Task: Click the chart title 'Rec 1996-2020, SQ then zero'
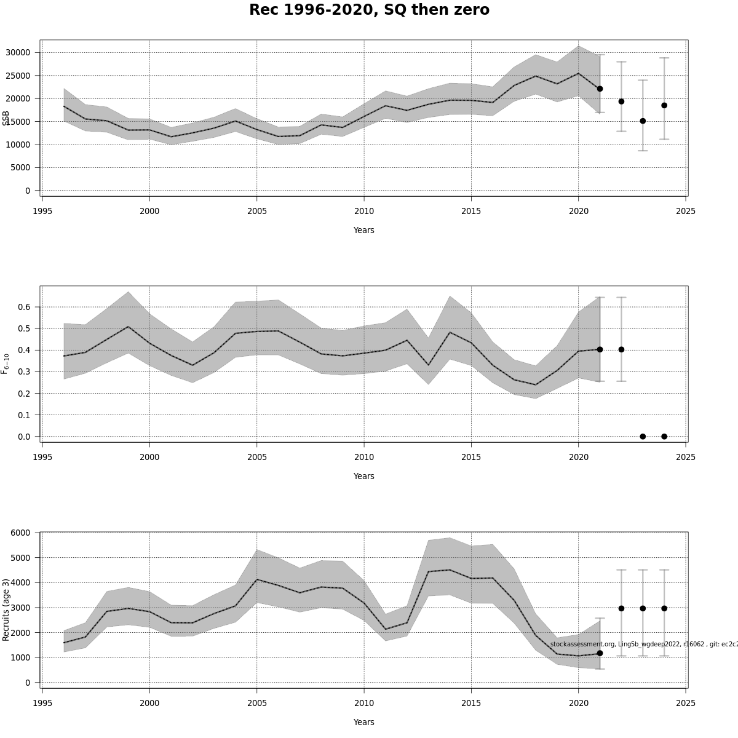pos(369,10)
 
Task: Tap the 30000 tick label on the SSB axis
pos(18,53)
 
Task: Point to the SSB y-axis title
pos(6,118)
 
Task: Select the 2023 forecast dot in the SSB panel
pos(643,121)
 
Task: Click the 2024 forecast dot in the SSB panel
pos(664,105)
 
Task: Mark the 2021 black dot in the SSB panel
pos(600,89)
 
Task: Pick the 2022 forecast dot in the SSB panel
pos(621,101)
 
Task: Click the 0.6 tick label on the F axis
pos(25,307)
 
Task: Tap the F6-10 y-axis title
pos(6,363)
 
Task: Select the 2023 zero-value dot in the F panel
pos(643,437)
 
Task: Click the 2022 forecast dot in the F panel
pos(621,349)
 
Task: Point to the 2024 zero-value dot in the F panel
pos(664,437)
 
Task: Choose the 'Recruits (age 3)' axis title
pos(6,609)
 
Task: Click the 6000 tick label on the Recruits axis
pos(20,533)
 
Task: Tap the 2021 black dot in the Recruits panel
pos(600,653)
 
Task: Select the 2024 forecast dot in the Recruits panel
pos(664,608)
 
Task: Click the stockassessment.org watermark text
pos(643,644)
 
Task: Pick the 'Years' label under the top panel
pos(363,230)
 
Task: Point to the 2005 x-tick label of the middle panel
pos(256,457)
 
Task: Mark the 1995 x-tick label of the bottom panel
pos(42,703)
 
